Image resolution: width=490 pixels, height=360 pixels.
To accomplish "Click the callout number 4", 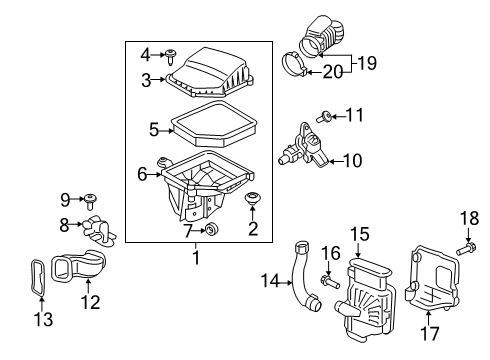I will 144,53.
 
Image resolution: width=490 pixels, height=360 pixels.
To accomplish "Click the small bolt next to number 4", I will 171,54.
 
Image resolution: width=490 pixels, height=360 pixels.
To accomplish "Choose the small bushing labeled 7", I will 211,231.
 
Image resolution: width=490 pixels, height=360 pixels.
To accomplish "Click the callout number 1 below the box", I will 196,259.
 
